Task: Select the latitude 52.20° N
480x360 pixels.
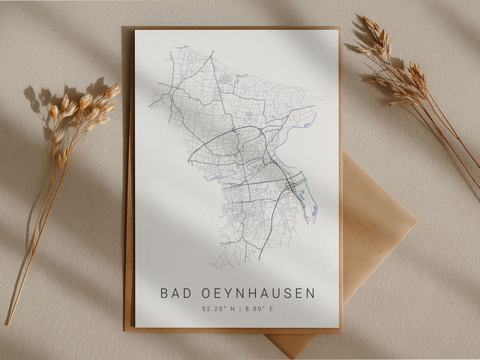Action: coord(217,308)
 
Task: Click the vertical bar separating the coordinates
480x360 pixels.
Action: coord(238,308)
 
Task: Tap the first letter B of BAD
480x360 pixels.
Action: coord(164,292)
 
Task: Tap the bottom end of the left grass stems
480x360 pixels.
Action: coord(8,323)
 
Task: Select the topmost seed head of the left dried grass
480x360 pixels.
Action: coord(112,90)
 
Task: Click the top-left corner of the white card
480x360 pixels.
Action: coord(136,31)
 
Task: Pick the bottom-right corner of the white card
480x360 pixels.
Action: coord(339,327)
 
